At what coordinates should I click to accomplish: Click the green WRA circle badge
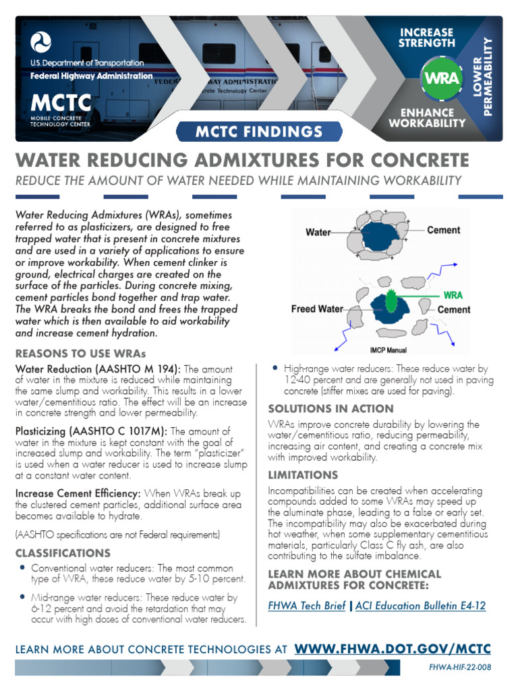click(442, 76)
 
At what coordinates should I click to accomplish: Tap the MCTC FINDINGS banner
click(259, 131)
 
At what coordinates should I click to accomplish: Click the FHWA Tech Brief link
click(307, 605)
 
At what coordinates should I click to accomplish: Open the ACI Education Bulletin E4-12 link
click(420, 605)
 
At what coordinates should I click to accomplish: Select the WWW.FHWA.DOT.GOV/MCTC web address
click(393, 649)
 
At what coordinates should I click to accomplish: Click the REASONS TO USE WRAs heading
click(80, 354)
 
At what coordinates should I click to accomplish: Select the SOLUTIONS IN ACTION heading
click(330, 408)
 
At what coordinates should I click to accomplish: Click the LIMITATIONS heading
click(303, 475)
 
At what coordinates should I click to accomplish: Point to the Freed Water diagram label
click(317, 309)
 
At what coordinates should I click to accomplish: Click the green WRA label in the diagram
click(452, 295)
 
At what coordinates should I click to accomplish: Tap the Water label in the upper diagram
click(318, 232)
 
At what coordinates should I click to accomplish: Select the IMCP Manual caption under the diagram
click(388, 350)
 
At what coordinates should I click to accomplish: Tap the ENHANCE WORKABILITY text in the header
click(428, 117)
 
